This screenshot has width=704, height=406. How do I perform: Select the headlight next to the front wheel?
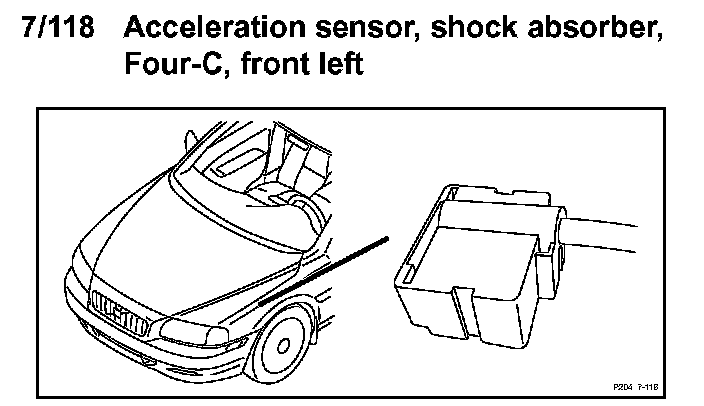click(x=200, y=331)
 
